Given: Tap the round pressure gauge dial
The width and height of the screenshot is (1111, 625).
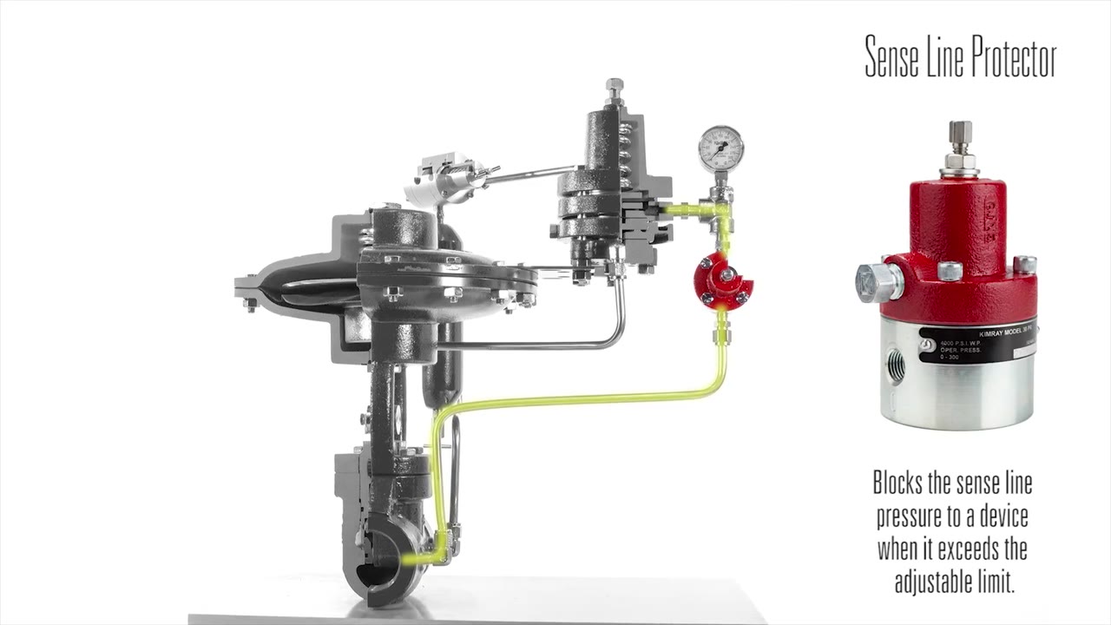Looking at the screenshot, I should coord(720,148).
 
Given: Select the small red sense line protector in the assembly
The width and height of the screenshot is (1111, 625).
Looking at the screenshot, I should coord(722,282).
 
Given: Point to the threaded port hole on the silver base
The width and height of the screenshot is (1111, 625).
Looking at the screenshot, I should coord(896,366).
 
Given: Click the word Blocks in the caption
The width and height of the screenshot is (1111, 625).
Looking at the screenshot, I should coord(899,484).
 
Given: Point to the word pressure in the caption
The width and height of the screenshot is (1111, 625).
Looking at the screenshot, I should coord(911,517).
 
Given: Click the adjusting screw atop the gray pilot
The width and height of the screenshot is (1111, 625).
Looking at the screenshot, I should coord(615,89).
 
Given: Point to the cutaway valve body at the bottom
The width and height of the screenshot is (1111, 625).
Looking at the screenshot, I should coord(382,556).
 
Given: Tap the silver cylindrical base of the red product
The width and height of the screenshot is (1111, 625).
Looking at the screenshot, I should coord(958,382).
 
